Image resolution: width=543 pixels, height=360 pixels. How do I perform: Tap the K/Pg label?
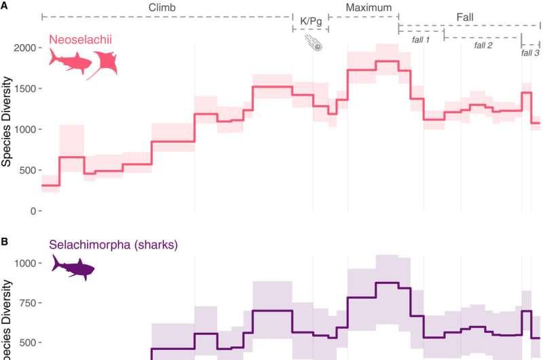310,22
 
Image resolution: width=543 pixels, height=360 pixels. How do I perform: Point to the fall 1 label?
421,40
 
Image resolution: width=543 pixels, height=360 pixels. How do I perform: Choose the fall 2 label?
483,45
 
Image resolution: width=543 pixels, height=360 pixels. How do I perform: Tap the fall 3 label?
531,52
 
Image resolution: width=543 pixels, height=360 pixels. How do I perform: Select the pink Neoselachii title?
79,41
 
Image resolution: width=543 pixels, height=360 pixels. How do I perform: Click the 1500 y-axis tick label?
25,89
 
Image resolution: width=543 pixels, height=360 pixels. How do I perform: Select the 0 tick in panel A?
32,211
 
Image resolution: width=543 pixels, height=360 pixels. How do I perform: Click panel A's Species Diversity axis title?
7,129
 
